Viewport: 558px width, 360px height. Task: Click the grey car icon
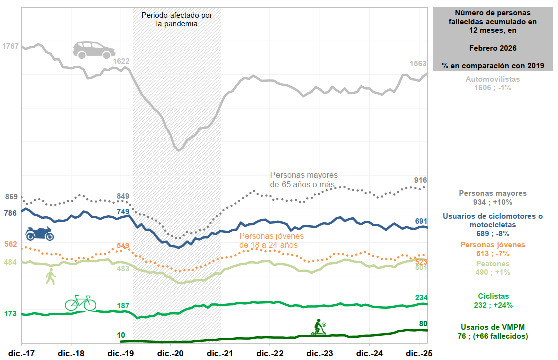click(x=94, y=50)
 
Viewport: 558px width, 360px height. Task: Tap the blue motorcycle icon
click(x=39, y=233)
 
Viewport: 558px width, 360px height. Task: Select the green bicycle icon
click(x=80, y=303)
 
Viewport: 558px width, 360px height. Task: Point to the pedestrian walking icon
click(x=50, y=276)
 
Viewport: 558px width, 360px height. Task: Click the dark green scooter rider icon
click(x=319, y=327)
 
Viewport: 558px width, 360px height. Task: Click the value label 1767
click(x=10, y=46)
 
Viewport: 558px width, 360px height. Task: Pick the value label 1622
click(x=121, y=61)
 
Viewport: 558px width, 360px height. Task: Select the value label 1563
click(x=418, y=64)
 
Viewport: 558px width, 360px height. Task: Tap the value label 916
click(x=421, y=180)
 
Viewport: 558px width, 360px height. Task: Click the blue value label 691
click(x=421, y=221)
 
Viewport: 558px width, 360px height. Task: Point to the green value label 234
click(x=421, y=297)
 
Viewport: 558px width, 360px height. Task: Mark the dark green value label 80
click(x=423, y=323)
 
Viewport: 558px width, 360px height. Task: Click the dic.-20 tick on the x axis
click(x=170, y=353)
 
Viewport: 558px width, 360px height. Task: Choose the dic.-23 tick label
click(x=320, y=353)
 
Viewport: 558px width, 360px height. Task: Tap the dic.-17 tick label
click(x=21, y=353)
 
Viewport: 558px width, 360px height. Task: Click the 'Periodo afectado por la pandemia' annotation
click(x=177, y=19)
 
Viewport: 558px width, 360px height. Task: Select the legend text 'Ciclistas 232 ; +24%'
click(x=493, y=301)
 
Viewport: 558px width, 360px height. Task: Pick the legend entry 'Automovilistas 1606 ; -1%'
click(x=493, y=83)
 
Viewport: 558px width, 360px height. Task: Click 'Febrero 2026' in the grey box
click(x=493, y=48)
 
